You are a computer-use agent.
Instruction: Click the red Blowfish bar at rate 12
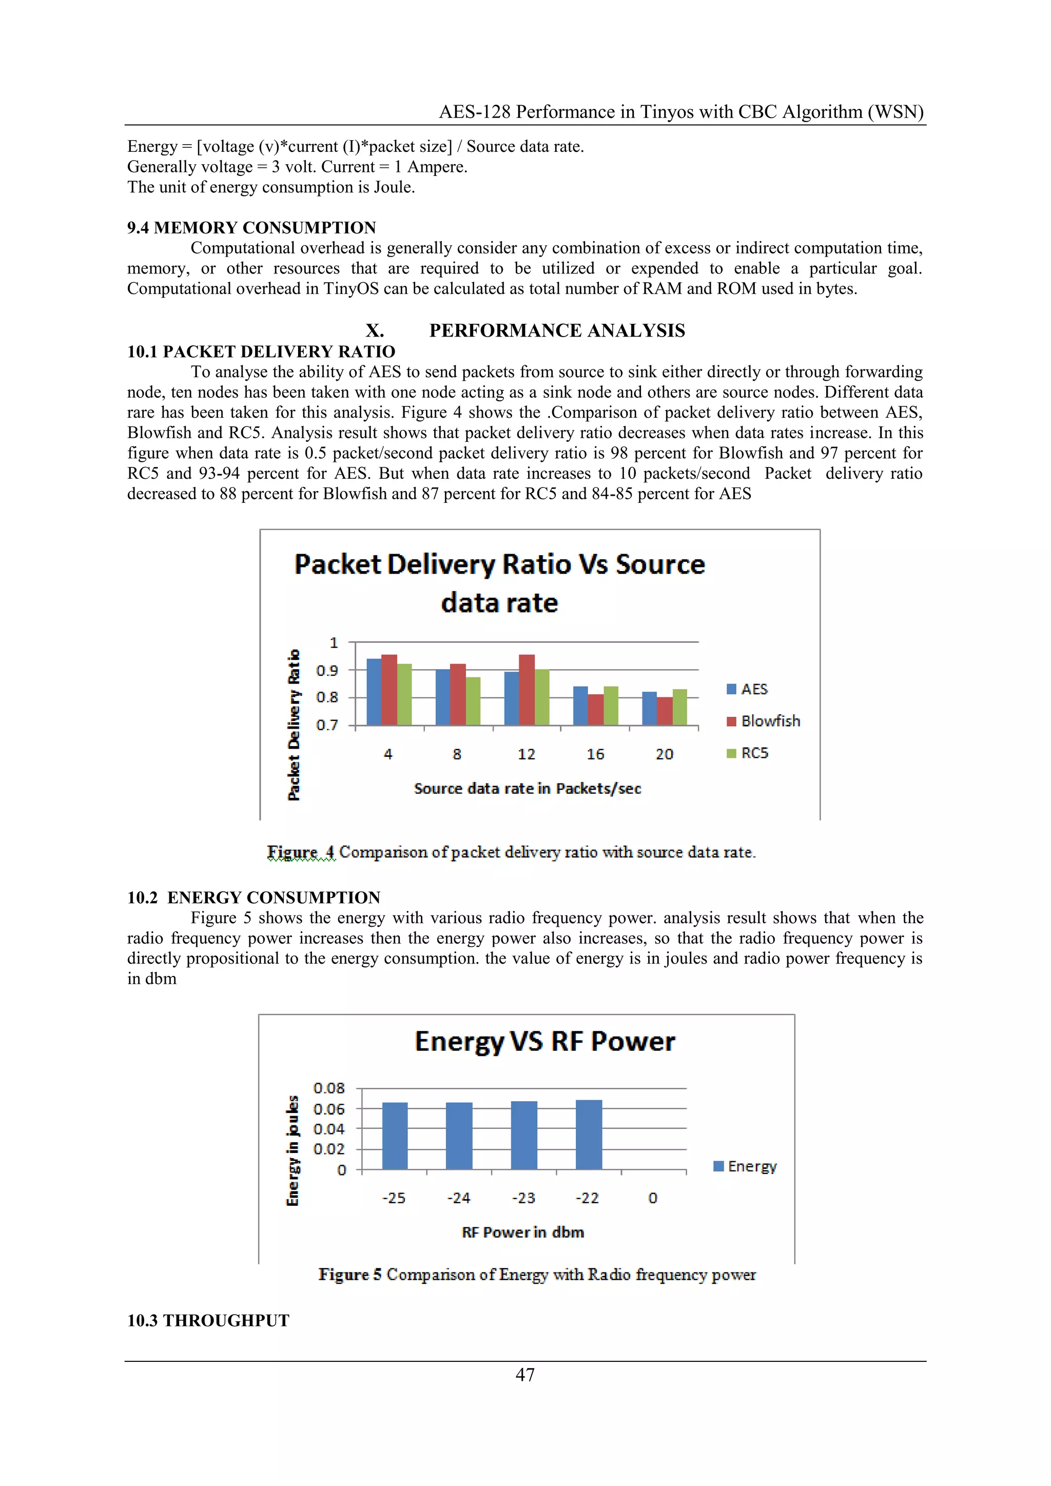point(527,690)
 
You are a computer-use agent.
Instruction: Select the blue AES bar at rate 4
point(374,692)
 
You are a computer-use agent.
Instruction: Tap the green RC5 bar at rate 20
point(679,708)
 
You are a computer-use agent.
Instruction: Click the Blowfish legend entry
point(764,721)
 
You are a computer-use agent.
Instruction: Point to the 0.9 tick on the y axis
point(327,671)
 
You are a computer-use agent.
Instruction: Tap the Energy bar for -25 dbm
point(395,1136)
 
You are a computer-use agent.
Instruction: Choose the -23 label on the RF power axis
point(523,1198)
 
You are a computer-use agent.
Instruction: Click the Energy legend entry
point(745,1166)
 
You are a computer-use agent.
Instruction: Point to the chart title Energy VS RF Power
point(544,1041)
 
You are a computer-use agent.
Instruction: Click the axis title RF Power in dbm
point(523,1233)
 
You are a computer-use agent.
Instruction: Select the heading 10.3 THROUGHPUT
point(208,1320)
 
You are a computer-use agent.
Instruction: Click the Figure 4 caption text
point(511,852)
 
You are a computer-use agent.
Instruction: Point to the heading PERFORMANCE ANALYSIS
point(557,331)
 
